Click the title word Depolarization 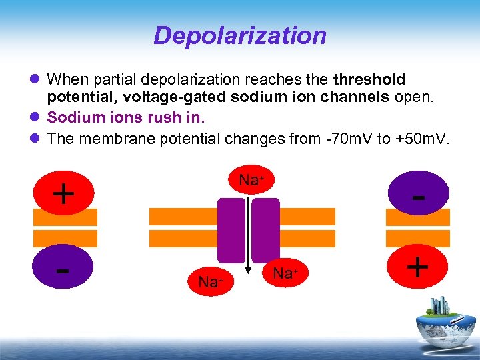tap(240, 35)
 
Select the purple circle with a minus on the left tap(63, 270)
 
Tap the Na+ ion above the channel tap(251, 180)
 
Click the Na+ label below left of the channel tap(210, 282)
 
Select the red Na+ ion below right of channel tap(285, 273)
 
